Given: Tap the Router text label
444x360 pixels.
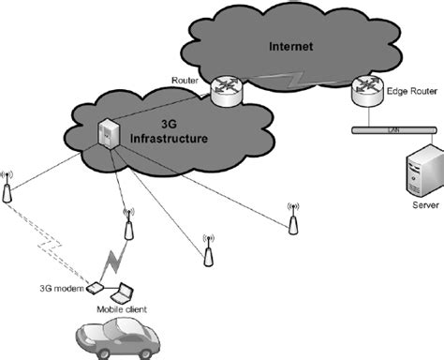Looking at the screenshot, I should (185, 82).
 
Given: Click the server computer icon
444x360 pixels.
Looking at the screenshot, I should (419, 173).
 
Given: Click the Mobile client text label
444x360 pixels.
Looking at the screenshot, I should (122, 308).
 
